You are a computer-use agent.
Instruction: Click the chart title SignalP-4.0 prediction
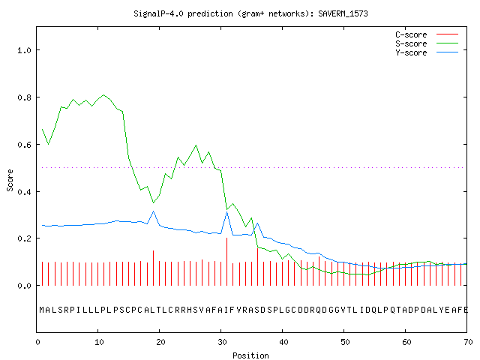coord(183,13)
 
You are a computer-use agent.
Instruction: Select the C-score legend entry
coord(427,34)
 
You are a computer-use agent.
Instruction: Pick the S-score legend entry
coord(427,43)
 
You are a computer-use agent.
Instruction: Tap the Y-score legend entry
coord(427,52)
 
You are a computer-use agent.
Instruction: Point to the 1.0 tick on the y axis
coord(24,50)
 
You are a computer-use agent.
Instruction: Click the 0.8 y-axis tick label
coord(24,97)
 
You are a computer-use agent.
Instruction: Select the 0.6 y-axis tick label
coord(24,145)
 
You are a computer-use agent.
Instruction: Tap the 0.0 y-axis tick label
coord(24,286)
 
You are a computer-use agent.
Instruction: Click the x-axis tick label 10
coord(99,342)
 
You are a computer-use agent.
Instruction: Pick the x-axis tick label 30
coord(222,342)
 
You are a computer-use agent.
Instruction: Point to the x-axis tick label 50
coord(345,342)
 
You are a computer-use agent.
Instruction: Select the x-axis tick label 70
coord(468,342)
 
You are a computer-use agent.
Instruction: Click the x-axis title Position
coord(250,355)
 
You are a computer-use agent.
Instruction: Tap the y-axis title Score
coord(10,180)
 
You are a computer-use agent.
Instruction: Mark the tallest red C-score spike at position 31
coord(226,262)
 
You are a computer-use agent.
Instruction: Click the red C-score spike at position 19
coord(153,268)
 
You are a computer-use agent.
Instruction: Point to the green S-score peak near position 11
coord(104,95)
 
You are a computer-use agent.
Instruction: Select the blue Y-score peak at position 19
coord(153,211)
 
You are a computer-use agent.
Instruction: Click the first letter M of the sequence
coord(42,310)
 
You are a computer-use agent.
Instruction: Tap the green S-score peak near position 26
coord(196,145)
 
